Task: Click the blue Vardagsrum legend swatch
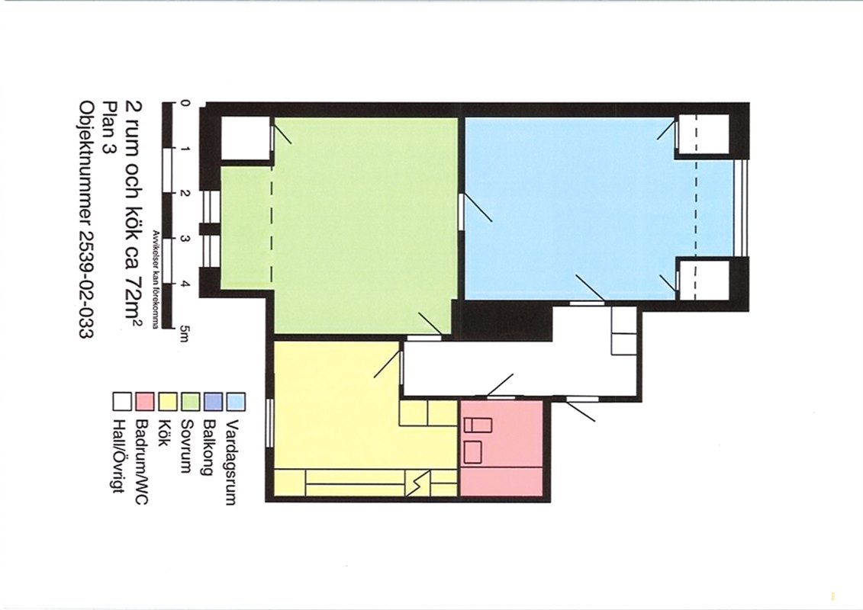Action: point(237,402)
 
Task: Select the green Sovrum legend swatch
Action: point(191,402)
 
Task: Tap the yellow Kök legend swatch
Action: point(167,402)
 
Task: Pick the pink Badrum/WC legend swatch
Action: point(144,402)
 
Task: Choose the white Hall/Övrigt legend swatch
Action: point(121,402)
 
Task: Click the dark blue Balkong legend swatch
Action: point(214,402)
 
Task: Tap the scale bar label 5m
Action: point(185,333)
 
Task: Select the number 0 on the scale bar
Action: point(185,103)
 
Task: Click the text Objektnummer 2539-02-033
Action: point(86,219)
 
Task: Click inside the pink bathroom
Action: point(501,448)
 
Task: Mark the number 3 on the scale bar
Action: point(185,239)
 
